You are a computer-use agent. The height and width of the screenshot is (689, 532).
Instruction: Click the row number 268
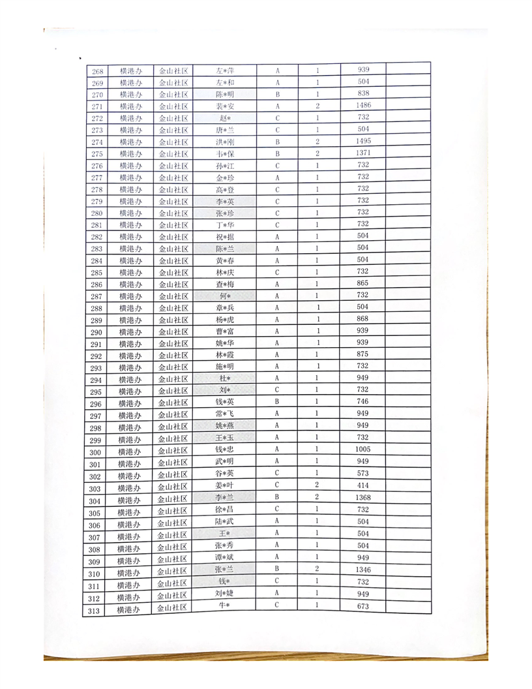click(x=98, y=71)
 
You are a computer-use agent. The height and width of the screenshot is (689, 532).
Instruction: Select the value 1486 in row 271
click(x=364, y=105)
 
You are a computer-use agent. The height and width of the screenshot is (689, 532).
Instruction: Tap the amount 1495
click(x=364, y=141)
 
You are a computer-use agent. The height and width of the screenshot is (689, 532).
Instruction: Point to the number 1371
click(x=364, y=153)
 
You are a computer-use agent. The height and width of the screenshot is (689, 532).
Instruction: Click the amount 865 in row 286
click(x=363, y=283)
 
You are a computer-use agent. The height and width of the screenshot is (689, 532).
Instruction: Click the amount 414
click(x=363, y=486)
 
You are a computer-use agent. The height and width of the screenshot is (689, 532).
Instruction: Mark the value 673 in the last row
click(x=363, y=606)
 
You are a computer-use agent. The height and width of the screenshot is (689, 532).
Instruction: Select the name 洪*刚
click(x=224, y=142)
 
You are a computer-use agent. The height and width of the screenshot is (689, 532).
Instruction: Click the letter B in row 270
click(x=278, y=94)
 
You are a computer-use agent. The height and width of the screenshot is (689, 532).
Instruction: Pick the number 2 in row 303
click(x=317, y=485)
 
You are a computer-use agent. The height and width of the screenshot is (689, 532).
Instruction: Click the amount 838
click(x=364, y=93)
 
